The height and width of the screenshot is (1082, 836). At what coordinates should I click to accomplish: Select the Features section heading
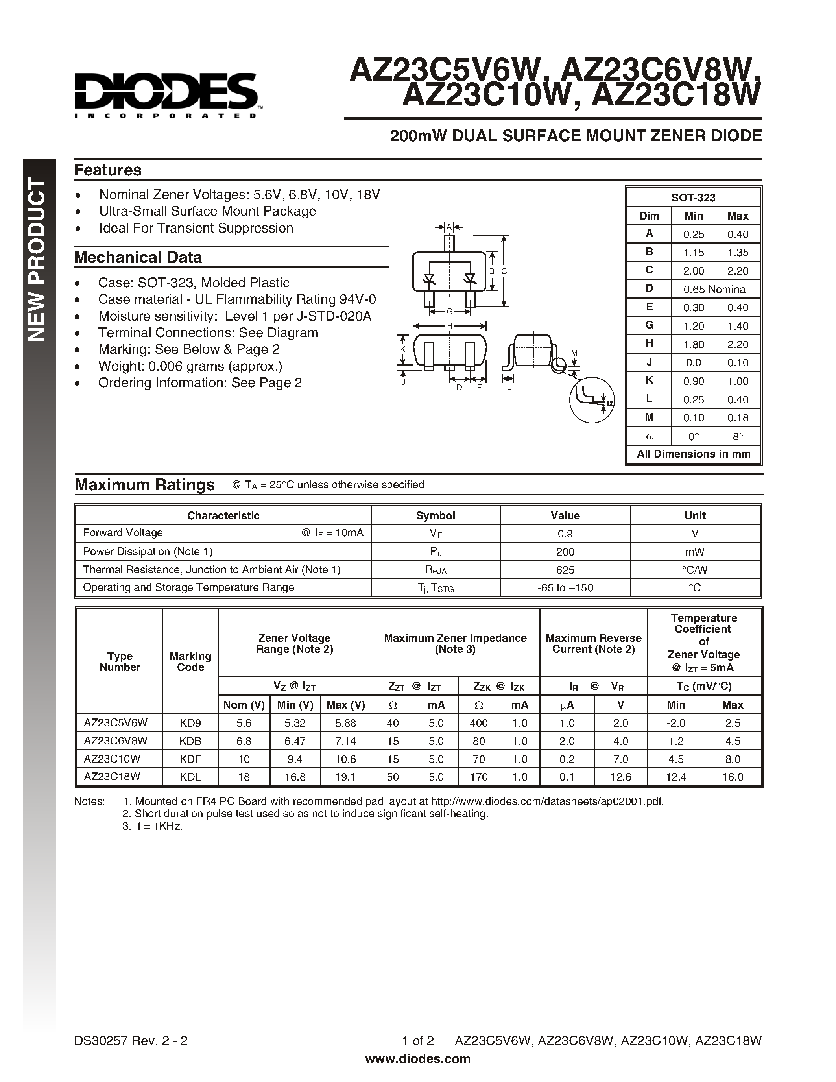[107, 170]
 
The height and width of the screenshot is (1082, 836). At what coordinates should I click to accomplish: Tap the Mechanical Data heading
[138, 257]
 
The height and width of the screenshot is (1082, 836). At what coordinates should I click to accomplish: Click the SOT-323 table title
[693, 198]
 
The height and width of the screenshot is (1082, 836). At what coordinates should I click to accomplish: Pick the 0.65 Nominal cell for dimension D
[715, 289]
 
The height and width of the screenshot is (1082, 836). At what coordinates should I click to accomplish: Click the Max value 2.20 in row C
[737, 271]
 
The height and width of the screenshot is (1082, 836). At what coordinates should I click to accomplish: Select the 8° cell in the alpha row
[737, 436]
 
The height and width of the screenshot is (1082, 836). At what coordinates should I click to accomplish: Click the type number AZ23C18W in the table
[112, 776]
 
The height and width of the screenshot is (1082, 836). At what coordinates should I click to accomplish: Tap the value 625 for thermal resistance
[565, 570]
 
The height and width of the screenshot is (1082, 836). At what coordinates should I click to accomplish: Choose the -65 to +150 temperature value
[565, 587]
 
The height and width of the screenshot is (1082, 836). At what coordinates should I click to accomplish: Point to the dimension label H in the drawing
[450, 326]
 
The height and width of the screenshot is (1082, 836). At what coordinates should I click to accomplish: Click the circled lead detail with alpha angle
[591, 400]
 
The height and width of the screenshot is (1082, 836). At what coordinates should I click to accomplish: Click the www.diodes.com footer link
[417, 1059]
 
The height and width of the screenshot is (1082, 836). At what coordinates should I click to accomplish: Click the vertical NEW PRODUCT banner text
[38, 260]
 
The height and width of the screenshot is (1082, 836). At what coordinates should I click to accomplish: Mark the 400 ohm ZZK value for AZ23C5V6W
[478, 723]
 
